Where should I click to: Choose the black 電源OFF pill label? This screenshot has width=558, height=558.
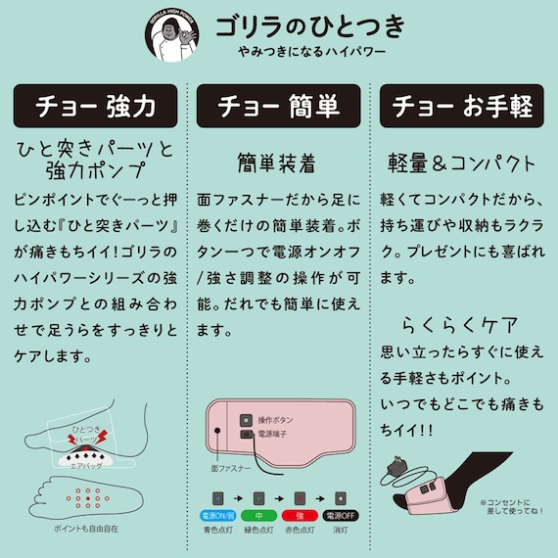point(341,515)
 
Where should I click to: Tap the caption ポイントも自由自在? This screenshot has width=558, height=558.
point(89,530)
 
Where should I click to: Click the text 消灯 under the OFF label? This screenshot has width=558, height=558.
point(341,532)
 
